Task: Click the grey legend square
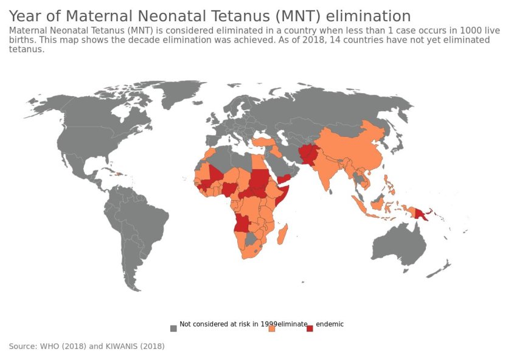[x=173, y=328]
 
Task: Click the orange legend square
[x=272, y=328]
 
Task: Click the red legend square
[x=310, y=328]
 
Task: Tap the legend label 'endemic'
[x=330, y=324]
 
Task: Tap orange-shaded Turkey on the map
[x=262, y=142]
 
